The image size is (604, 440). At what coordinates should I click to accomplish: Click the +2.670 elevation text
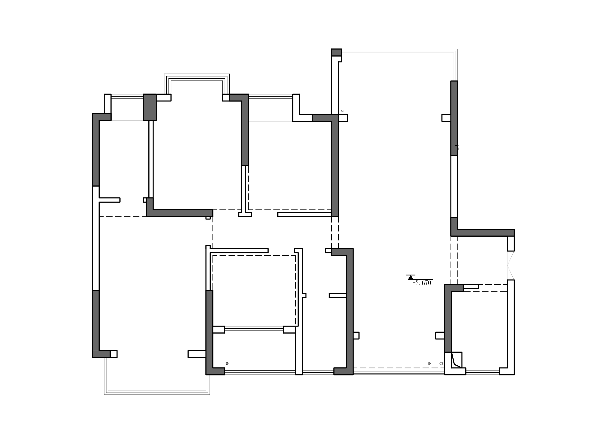click(x=422, y=283)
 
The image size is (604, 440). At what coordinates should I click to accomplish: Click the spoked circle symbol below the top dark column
click(x=342, y=111)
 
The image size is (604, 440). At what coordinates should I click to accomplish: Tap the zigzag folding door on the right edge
click(x=511, y=265)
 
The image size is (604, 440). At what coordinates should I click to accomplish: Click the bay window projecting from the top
click(x=197, y=84)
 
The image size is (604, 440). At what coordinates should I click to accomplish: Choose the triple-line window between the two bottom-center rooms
click(x=254, y=330)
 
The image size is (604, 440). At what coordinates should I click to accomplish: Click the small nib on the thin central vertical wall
click(x=304, y=295)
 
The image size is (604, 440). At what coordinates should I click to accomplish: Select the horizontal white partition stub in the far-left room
click(x=110, y=200)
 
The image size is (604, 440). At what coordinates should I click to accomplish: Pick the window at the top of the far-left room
click(x=127, y=97)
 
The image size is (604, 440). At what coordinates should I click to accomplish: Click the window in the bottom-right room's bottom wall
click(x=482, y=371)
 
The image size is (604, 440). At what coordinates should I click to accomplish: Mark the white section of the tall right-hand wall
click(x=454, y=186)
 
